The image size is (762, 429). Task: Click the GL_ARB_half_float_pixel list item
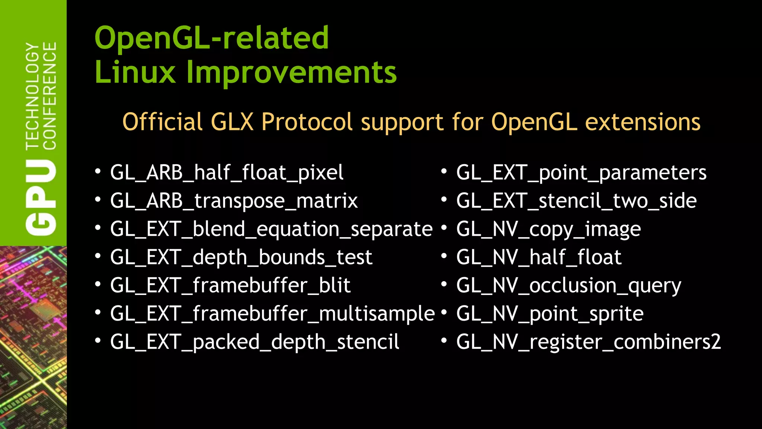coord(227,173)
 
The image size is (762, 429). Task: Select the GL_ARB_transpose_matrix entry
coord(234,201)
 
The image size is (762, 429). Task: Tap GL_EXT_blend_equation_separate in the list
coord(271,229)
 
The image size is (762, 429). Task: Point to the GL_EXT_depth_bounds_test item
coord(241,257)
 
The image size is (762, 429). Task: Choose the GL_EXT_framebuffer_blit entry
coord(230,286)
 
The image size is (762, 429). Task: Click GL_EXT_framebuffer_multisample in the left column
coord(272,314)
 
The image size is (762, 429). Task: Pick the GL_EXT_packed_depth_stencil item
coord(254,342)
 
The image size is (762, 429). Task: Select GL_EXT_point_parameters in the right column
coord(581,173)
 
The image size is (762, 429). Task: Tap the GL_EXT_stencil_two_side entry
coord(576,201)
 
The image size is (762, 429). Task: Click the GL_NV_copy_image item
coord(548,229)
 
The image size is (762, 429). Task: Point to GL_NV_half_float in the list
coord(539,257)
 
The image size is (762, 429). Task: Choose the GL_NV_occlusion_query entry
coord(569,286)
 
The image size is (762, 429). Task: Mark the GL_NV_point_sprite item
coord(550,314)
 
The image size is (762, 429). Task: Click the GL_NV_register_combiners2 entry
coord(589,342)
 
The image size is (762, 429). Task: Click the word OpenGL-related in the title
coord(212,38)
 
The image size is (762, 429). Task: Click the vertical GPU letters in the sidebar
coord(41,198)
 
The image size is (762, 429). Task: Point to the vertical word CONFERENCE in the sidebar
coord(50,96)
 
